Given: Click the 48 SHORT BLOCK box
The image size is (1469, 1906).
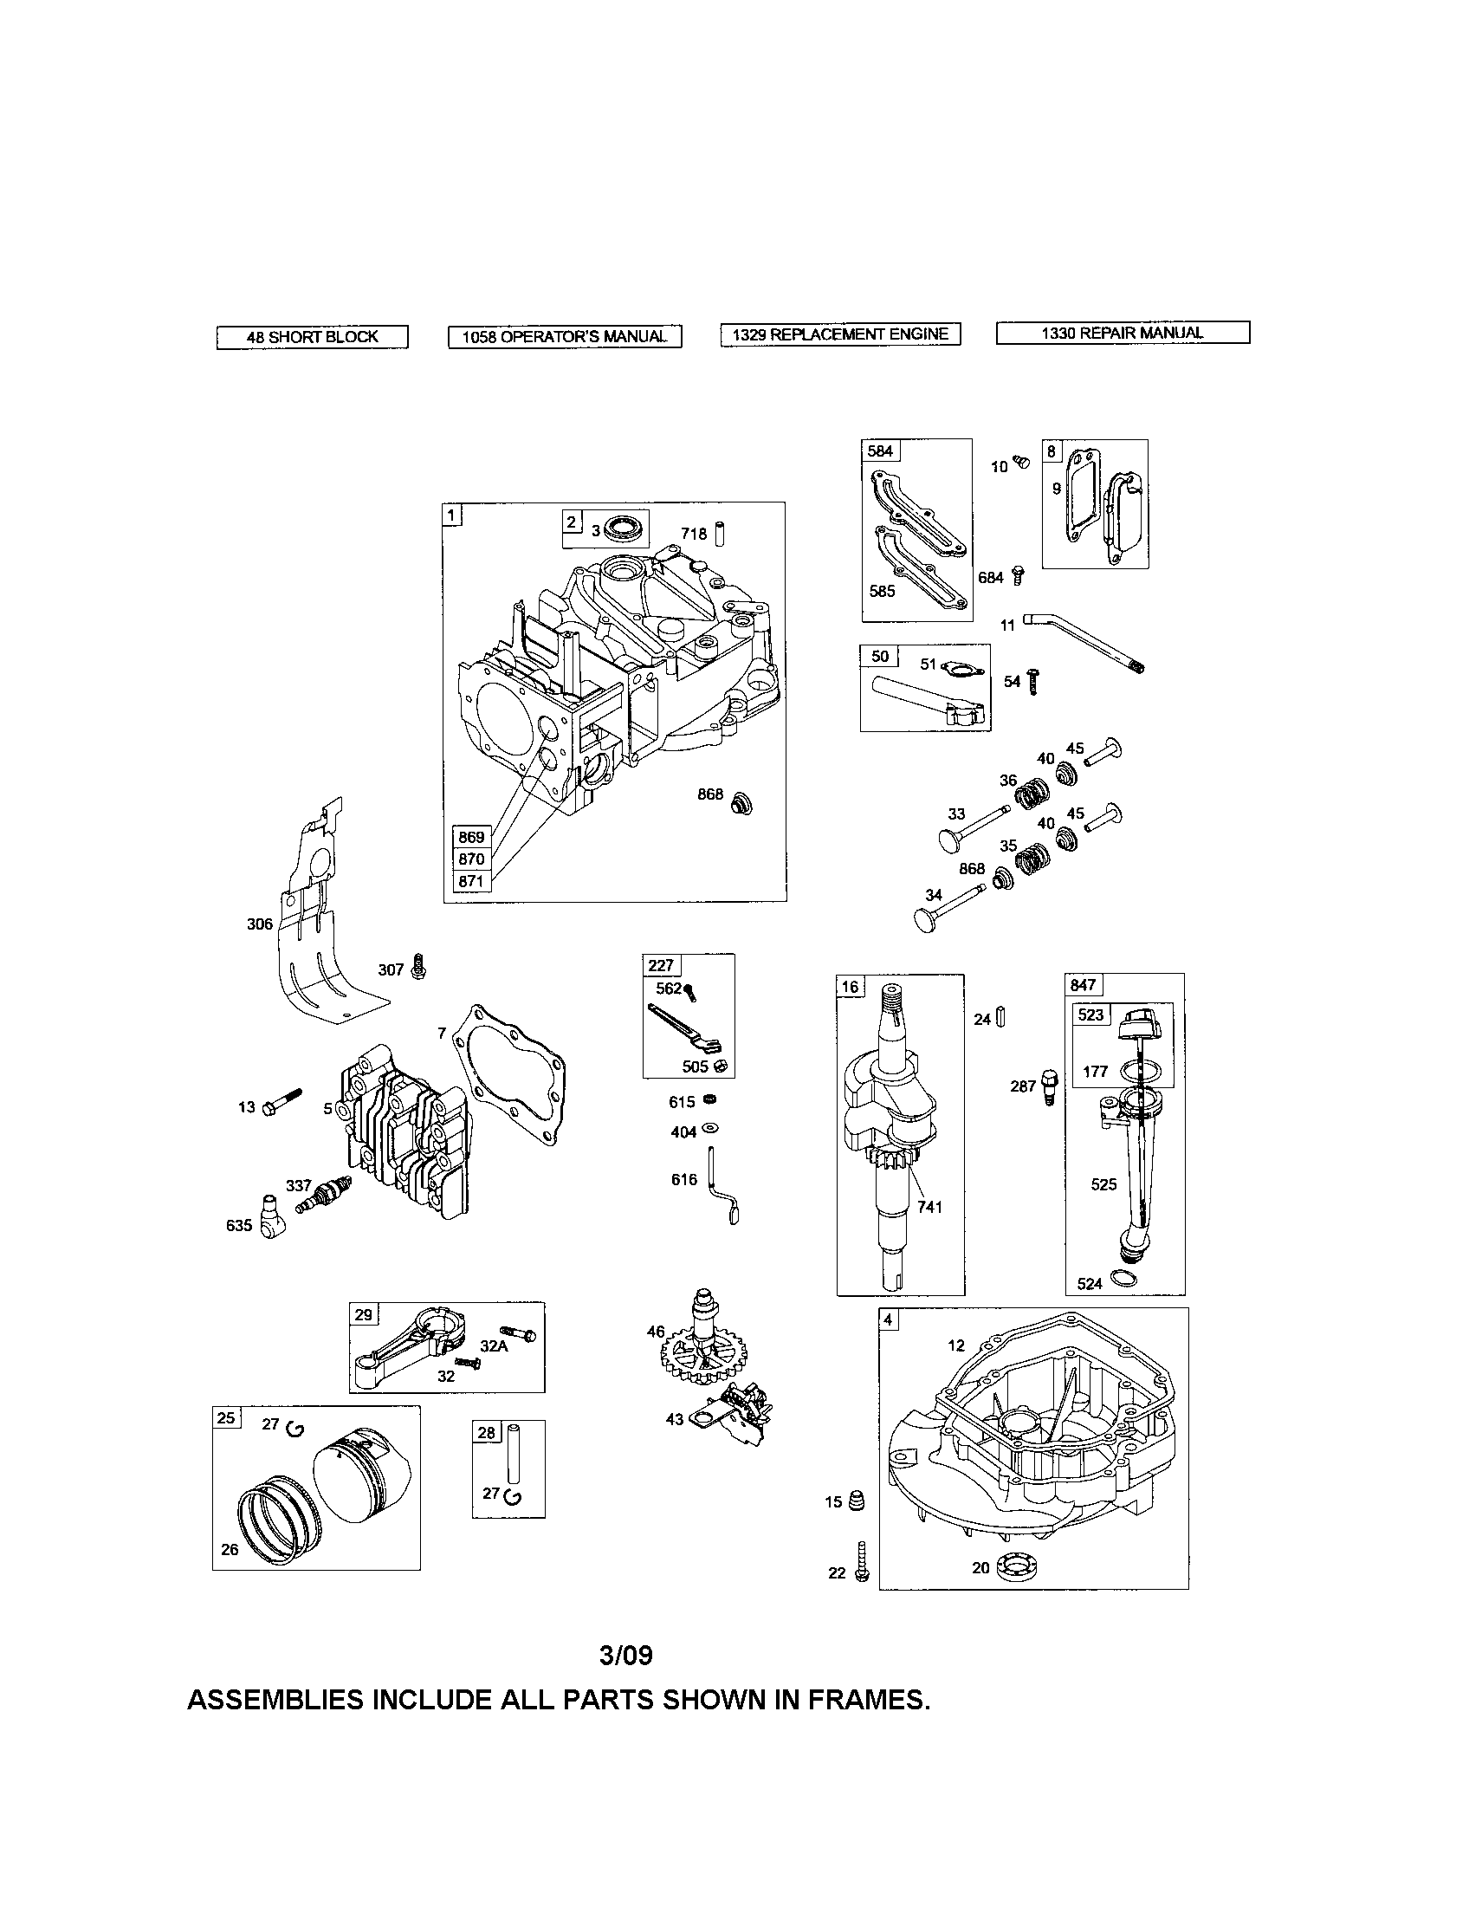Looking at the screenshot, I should tap(312, 337).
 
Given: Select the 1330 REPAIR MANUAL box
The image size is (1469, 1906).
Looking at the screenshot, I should tap(1122, 333).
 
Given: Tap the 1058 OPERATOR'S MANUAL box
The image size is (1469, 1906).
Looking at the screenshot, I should tap(565, 337).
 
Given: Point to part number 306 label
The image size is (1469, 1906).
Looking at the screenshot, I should tap(259, 924).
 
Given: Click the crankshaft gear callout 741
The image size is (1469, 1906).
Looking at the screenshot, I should tap(929, 1207).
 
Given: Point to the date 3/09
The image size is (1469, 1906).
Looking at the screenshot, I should tap(625, 1655).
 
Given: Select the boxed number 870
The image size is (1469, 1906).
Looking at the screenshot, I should tap(471, 859).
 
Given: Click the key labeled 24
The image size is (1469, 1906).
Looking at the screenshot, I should tap(1001, 1017).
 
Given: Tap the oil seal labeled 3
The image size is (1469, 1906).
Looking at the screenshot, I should tap(622, 528).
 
